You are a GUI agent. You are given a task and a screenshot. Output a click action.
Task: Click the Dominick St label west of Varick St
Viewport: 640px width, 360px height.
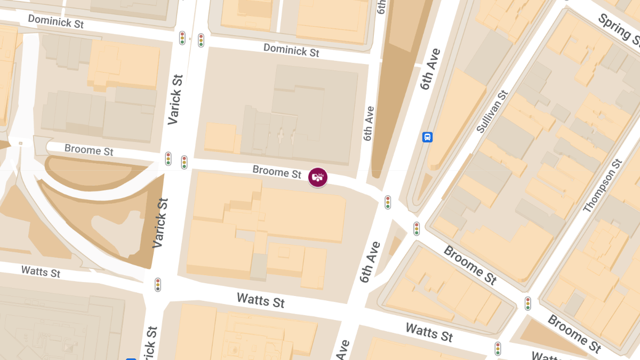pos(55,22)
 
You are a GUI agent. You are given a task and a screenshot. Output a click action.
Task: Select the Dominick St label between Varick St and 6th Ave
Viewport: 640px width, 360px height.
pos(291,51)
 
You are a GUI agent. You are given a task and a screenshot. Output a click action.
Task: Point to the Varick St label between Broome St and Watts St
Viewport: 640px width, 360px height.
pos(160,223)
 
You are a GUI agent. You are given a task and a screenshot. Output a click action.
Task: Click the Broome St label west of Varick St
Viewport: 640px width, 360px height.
pos(89,150)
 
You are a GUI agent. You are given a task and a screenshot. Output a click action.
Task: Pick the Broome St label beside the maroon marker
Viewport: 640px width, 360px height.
pos(277,172)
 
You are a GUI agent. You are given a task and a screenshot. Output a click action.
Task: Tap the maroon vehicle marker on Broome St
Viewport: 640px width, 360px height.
pos(318,177)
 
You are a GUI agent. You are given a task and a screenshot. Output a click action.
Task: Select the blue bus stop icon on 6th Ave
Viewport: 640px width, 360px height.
pos(427,137)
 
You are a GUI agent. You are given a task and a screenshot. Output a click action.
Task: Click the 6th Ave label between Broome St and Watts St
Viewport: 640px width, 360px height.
pos(370,262)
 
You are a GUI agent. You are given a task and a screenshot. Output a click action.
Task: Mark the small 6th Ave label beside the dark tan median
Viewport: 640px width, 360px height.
pos(369,123)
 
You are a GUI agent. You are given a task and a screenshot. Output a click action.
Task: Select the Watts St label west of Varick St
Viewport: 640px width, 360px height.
pos(41,271)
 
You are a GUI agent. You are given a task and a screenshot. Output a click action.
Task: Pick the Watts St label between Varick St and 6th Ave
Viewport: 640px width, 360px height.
pos(261,300)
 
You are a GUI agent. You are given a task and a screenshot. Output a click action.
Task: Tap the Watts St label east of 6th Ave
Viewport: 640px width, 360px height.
pos(429,332)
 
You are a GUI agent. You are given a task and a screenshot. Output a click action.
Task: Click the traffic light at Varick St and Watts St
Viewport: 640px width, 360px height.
pos(158,285)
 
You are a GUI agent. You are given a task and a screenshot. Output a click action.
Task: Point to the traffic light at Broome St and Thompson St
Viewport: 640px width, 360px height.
pos(527,303)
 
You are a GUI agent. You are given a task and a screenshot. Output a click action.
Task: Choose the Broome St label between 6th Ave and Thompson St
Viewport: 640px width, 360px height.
pos(470,265)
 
